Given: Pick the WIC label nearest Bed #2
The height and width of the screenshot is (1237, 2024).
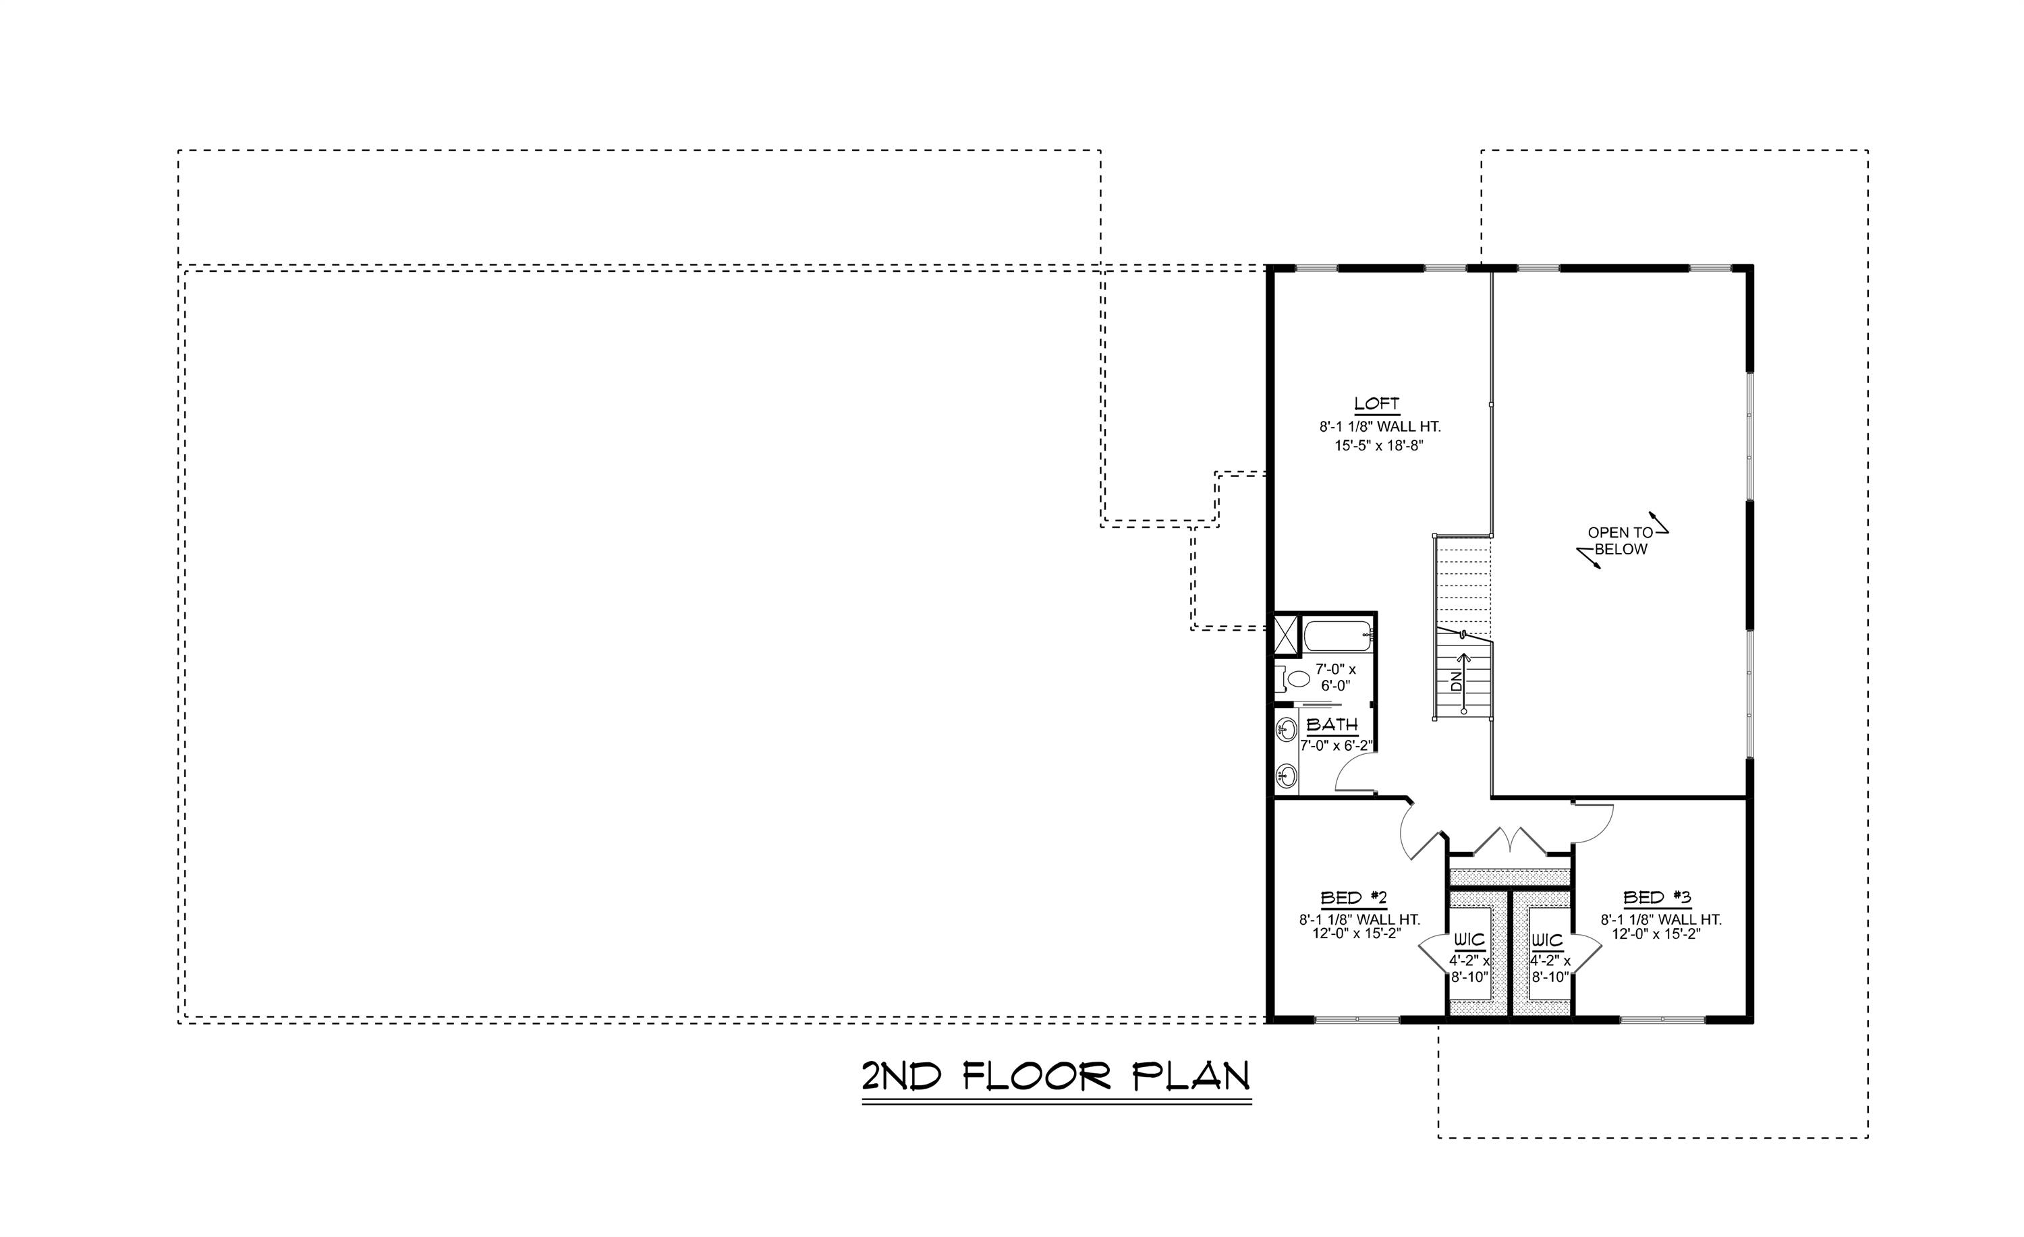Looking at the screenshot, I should point(1469,940).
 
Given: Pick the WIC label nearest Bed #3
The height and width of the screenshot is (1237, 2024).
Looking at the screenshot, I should point(1547,940).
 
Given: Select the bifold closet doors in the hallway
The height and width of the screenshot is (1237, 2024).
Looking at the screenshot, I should point(1510,841).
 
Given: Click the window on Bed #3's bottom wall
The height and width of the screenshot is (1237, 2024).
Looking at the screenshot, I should point(1662,1019).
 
